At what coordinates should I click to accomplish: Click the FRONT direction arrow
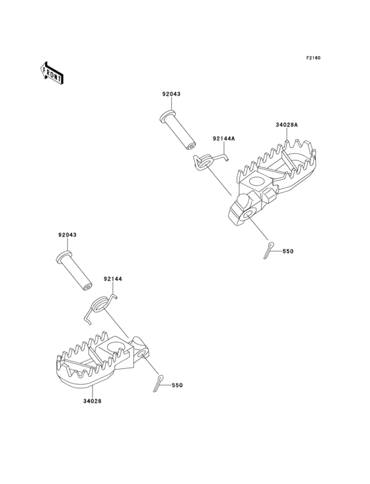pos(52,73)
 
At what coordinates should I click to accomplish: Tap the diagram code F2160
pos(313,58)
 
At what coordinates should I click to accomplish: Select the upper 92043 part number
pos(171,94)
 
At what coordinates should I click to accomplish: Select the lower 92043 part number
pos(67,235)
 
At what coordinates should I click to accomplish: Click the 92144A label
pos(223,139)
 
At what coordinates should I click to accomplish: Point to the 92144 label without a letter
pos(113,279)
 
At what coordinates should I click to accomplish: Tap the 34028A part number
pos(287,125)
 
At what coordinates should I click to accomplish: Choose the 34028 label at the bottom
pos(92,401)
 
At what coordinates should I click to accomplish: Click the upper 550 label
pos(288,251)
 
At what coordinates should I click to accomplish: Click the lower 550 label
pos(177,385)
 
